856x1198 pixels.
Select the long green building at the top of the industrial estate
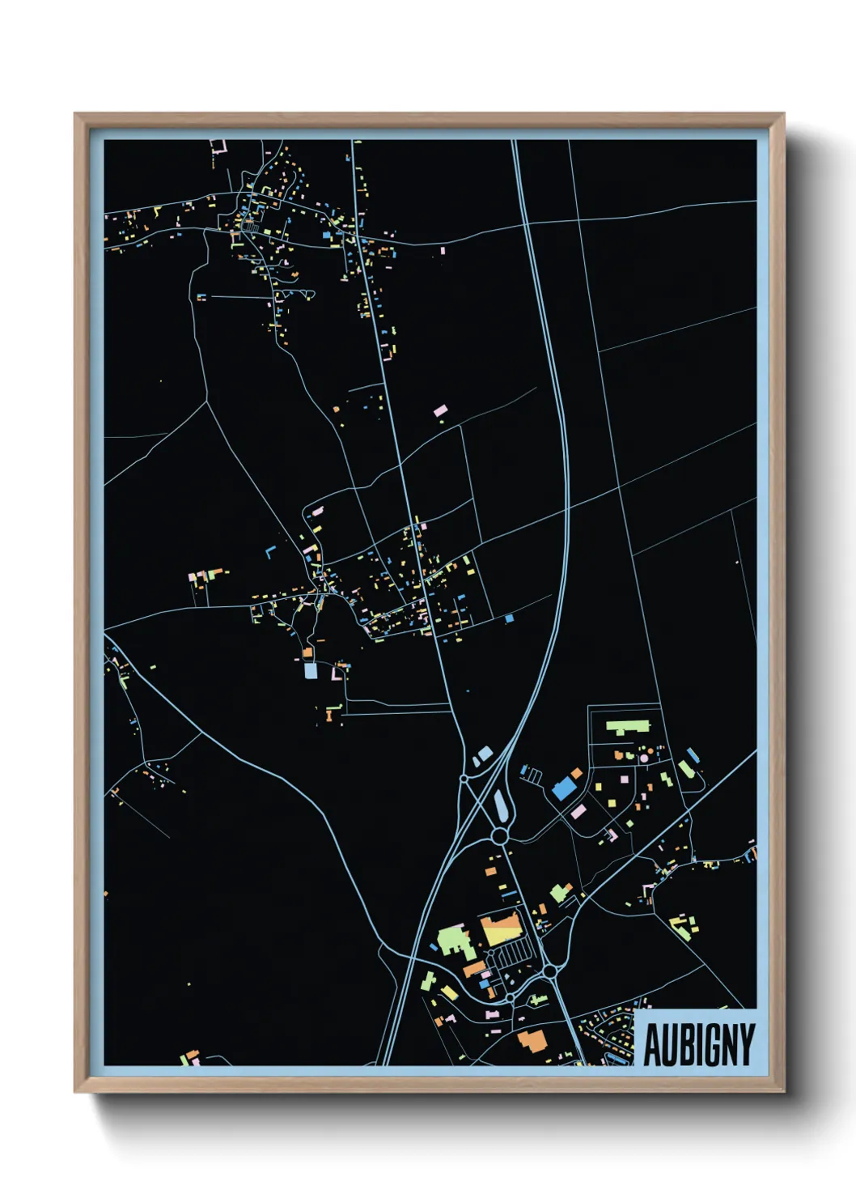pyautogui.click(x=628, y=726)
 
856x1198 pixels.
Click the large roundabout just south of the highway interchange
pyautogui.click(x=499, y=835)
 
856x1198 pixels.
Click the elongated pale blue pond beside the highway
pyautogui.click(x=500, y=805)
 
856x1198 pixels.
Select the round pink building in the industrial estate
pyautogui.click(x=644, y=758)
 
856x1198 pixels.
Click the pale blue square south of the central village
pyautogui.click(x=311, y=671)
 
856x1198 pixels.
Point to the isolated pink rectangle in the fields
pyautogui.click(x=440, y=410)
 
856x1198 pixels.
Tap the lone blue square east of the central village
pyautogui.click(x=509, y=618)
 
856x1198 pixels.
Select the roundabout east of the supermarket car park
pyautogui.click(x=549, y=970)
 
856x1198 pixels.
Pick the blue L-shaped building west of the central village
pyautogui.click(x=270, y=552)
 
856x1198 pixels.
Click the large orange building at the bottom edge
pyautogui.click(x=532, y=1039)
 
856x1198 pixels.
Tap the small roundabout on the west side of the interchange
pyautogui.click(x=464, y=779)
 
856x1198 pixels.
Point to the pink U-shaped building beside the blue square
pyautogui.click(x=337, y=672)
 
